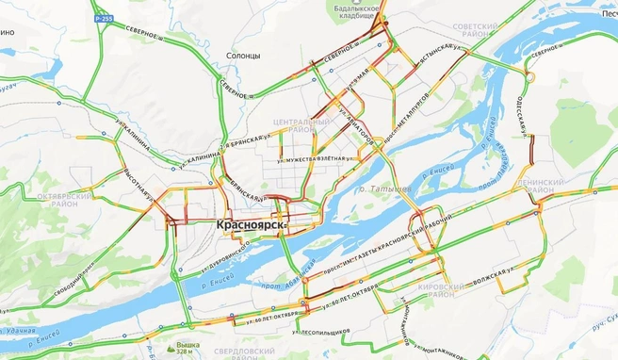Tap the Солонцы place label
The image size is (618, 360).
pyautogui.click(x=243, y=57)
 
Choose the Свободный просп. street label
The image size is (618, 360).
pyautogui.click(x=66, y=283)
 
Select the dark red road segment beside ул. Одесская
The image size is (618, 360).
pyautogui.click(x=532, y=149)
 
